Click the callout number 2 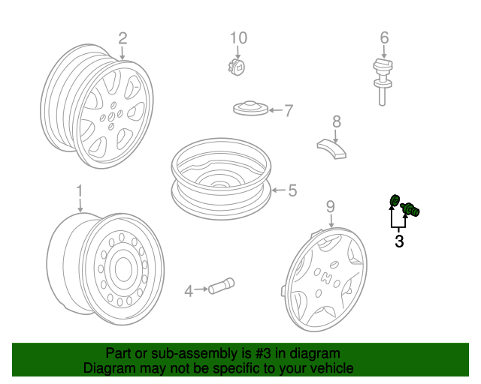[x=123, y=38]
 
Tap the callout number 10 [x=239, y=38]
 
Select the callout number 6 [x=384, y=37]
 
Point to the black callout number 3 [x=399, y=241]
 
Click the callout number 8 [x=337, y=121]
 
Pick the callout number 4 [x=189, y=291]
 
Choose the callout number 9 [x=331, y=207]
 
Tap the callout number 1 [x=80, y=190]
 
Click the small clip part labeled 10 [x=237, y=67]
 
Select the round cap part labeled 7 [x=250, y=108]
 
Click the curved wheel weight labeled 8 [x=331, y=149]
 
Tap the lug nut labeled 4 [x=221, y=286]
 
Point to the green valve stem [x=410, y=210]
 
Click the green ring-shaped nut [x=395, y=200]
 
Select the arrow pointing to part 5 [x=279, y=190]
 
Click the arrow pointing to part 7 [x=275, y=110]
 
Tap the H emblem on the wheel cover [x=326, y=277]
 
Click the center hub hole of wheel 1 [x=123, y=268]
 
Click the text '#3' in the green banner [x=263, y=353]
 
